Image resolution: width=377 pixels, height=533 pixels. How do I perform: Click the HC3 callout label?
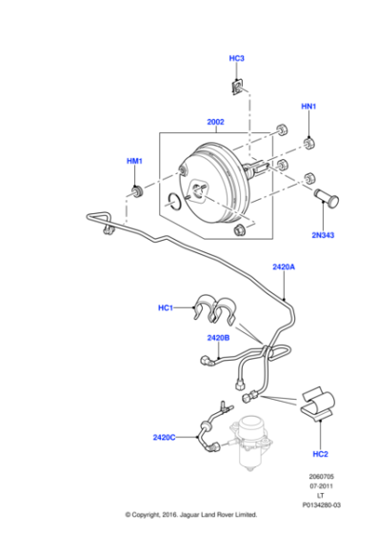tap(237, 59)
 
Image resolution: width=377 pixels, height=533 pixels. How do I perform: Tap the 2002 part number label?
tap(216, 122)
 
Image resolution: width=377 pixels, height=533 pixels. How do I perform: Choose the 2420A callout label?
tap(284, 267)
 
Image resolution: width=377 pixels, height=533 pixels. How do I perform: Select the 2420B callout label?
tap(218, 337)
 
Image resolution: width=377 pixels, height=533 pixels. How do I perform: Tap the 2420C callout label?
tap(165, 437)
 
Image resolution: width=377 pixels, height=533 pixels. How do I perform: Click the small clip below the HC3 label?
tap(237, 89)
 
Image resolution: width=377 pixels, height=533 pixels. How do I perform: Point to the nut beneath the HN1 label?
tap(309, 144)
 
